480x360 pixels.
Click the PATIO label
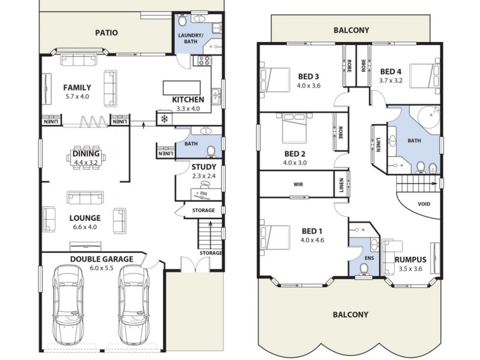(x=106, y=32)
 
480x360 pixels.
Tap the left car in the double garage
(x=67, y=304)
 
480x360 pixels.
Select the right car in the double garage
(x=133, y=304)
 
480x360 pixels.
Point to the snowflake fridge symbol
(x=164, y=119)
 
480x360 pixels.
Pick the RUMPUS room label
(x=410, y=259)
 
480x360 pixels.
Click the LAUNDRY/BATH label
(x=191, y=39)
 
